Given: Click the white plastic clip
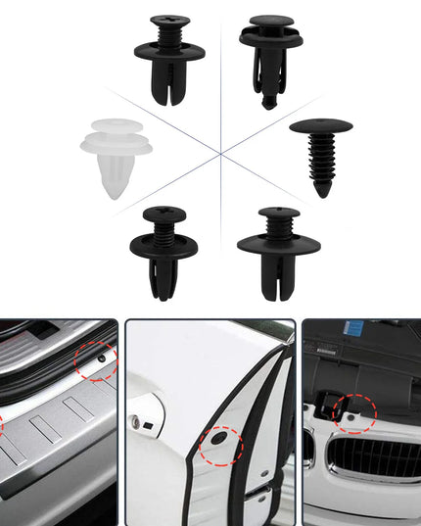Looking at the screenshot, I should tap(115, 157).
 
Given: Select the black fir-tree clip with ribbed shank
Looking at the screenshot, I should tap(321, 157).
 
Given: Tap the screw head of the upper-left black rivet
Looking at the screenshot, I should tap(168, 21).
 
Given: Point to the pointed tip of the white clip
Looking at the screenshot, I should tap(115, 194).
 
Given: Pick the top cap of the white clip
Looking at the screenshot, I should tap(115, 127).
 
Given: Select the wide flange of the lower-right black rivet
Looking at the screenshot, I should tap(279, 243).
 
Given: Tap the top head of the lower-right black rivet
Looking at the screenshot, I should tap(279, 212).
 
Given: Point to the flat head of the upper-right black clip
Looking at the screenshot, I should tap(271, 21).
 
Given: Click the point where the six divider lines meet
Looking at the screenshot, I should tap(222, 152).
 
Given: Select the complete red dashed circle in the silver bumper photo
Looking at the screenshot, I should tap(96, 362).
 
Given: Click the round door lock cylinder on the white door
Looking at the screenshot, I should tap(134, 422).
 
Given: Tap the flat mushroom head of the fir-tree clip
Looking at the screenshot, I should tap(321, 126).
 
